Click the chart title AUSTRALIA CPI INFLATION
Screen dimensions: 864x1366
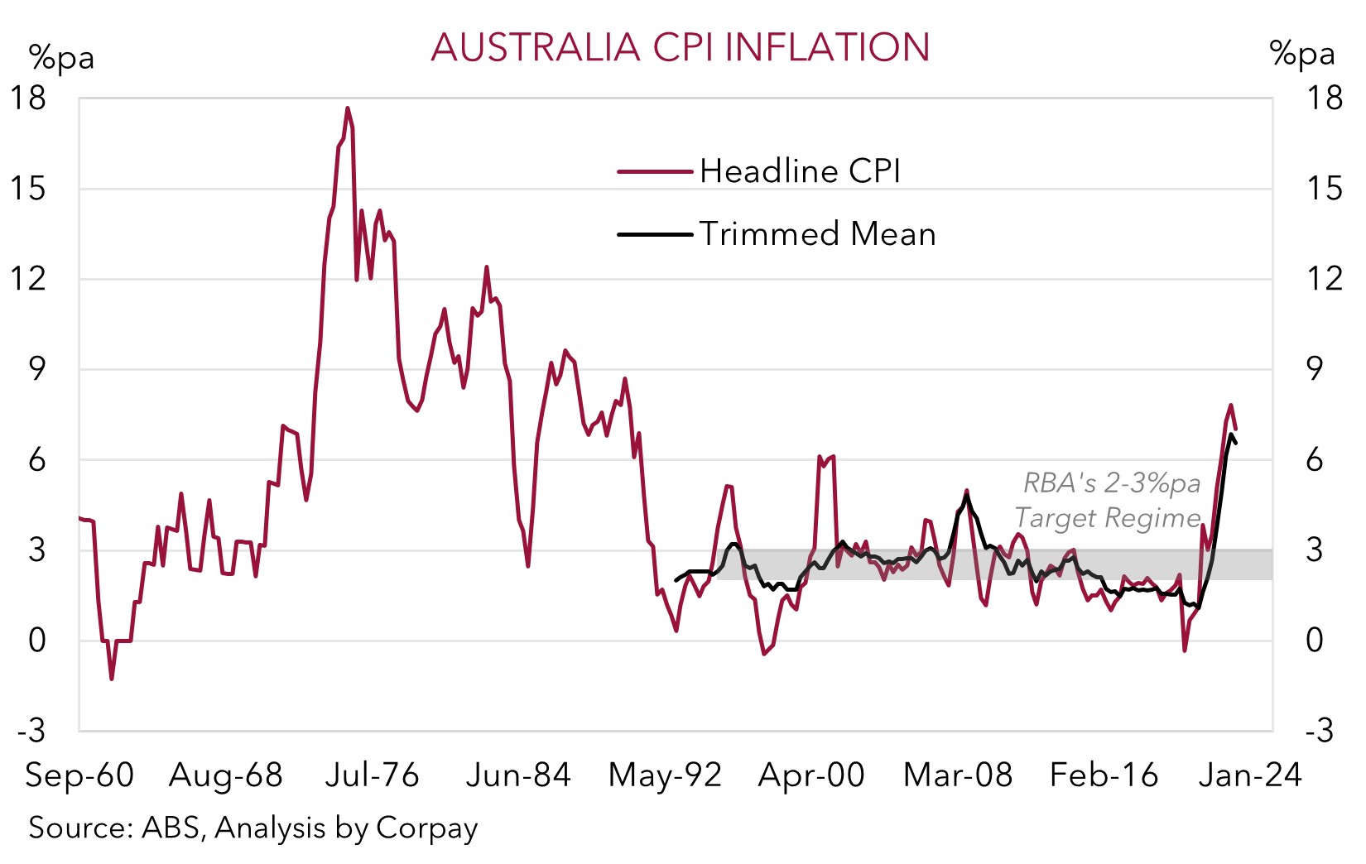click(x=680, y=47)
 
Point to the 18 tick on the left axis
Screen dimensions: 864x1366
click(x=27, y=98)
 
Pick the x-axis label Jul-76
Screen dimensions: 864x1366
click(x=373, y=775)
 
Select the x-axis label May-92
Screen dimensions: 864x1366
click(x=665, y=775)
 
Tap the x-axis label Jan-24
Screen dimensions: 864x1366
click(x=1250, y=775)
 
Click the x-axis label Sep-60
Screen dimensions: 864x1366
click(x=79, y=775)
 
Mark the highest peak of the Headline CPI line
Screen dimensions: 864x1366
click(x=348, y=108)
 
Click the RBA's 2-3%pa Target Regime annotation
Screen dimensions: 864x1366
click(x=1109, y=500)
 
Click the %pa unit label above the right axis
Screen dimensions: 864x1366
click(x=1301, y=54)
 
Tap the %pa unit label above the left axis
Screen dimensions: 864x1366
click(x=61, y=58)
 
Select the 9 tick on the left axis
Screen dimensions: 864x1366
click(x=37, y=369)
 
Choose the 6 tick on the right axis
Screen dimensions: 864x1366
click(x=1315, y=460)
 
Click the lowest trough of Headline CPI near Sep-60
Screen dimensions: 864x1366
click(x=112, y=679)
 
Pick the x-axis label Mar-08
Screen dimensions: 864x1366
click(x=958, y=775)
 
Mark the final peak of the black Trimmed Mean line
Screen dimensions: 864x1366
click(x=1232, y=434)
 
